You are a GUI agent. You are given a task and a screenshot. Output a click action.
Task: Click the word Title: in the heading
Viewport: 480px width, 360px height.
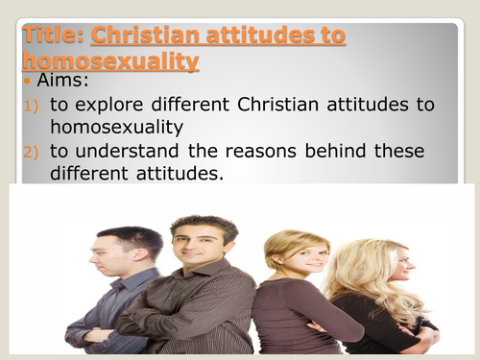click(x=54, y=37)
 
